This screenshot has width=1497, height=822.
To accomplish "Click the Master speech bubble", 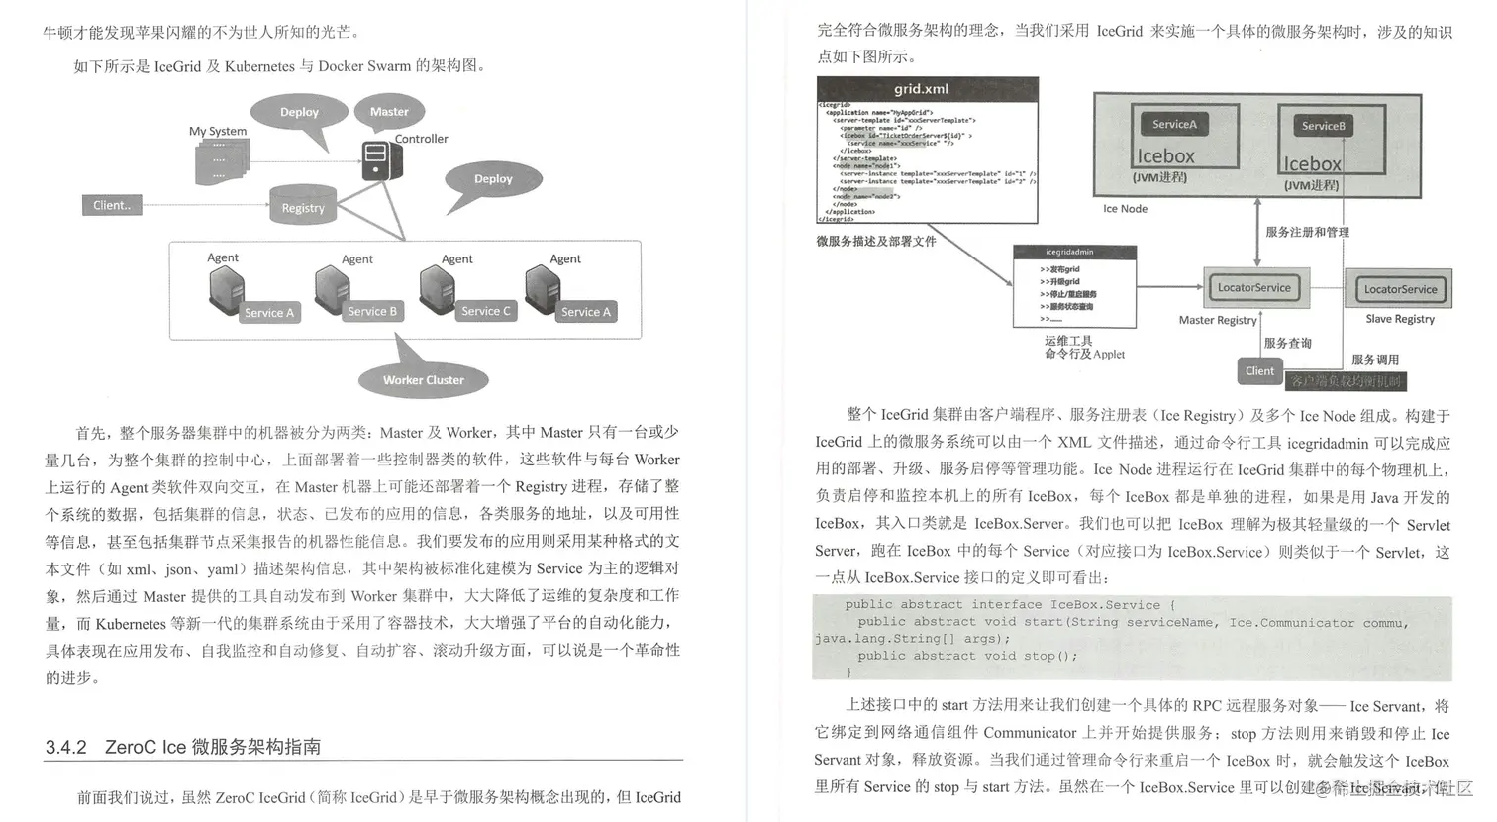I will pos(389,112).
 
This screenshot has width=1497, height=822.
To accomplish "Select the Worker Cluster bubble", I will pos(423,380).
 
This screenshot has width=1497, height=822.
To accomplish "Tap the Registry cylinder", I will pos(303,205).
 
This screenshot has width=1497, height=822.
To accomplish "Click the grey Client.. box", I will pos(112,205).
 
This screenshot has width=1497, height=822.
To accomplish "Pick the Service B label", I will pos(372,311).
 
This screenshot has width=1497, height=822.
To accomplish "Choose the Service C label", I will pos(485,311).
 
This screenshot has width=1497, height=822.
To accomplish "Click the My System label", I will pos(218,131).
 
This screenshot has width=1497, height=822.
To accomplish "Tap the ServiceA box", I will pos(1174,124).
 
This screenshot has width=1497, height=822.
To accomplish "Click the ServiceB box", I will pos(1323,126).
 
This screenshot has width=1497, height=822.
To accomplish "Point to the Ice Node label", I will pos(1125,209).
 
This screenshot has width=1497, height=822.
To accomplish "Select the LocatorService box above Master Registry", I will pos(1253,288).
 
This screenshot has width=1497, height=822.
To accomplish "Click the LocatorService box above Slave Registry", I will pos(1400,289).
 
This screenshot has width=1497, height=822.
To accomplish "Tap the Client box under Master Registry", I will pos(1259,371).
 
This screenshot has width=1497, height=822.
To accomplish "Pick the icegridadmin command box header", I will pos(1073,252).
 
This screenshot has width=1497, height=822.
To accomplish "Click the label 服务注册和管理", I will pos(1307,232).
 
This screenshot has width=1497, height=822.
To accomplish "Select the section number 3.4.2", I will pos(66,747).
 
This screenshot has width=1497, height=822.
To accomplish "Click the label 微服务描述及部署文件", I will pos(875,241).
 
